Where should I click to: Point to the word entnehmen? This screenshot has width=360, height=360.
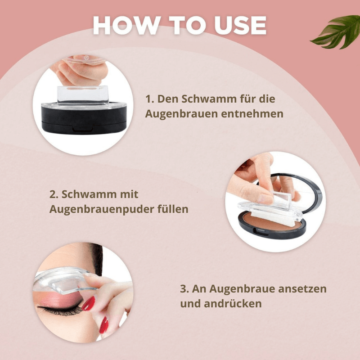tap(252, 114)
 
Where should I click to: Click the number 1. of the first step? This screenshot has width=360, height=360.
tap(149, 99)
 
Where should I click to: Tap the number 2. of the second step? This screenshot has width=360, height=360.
tap(54, 194)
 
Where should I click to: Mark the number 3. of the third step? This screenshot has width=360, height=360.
tap(184, 289)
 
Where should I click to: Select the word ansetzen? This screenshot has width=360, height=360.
tap(302, 289)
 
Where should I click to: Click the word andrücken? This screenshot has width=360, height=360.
tap(233, 304)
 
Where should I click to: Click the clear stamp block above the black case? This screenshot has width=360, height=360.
tap(83, 94)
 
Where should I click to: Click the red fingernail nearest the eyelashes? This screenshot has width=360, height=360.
tap(89, 303)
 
